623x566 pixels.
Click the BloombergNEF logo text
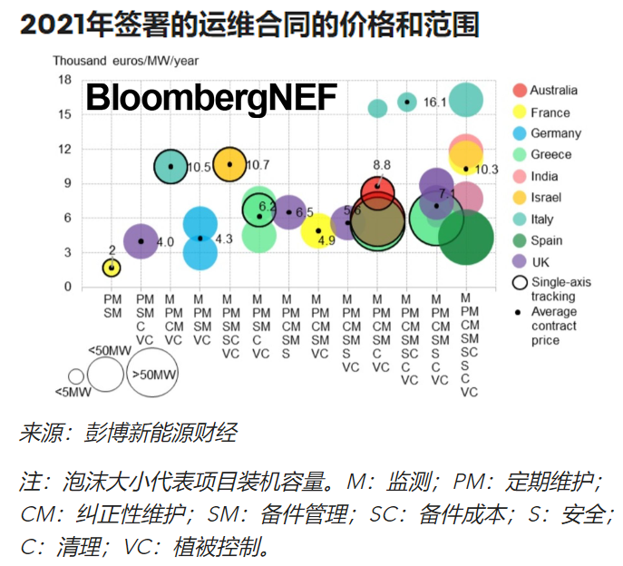[210, 97]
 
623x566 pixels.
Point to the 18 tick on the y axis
[64, 80]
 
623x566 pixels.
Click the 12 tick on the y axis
[64, 149]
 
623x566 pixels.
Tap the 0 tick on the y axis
[66, 287]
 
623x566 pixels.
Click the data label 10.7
[258, 165]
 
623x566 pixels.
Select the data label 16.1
[435, 102]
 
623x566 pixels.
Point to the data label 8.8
[382, 165]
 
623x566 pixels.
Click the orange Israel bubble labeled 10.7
[229, 164]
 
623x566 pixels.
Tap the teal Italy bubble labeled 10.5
[170, 166]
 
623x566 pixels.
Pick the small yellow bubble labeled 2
[112, 268]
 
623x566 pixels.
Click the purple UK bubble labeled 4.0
[141, 241]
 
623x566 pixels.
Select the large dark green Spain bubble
[466, 238]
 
